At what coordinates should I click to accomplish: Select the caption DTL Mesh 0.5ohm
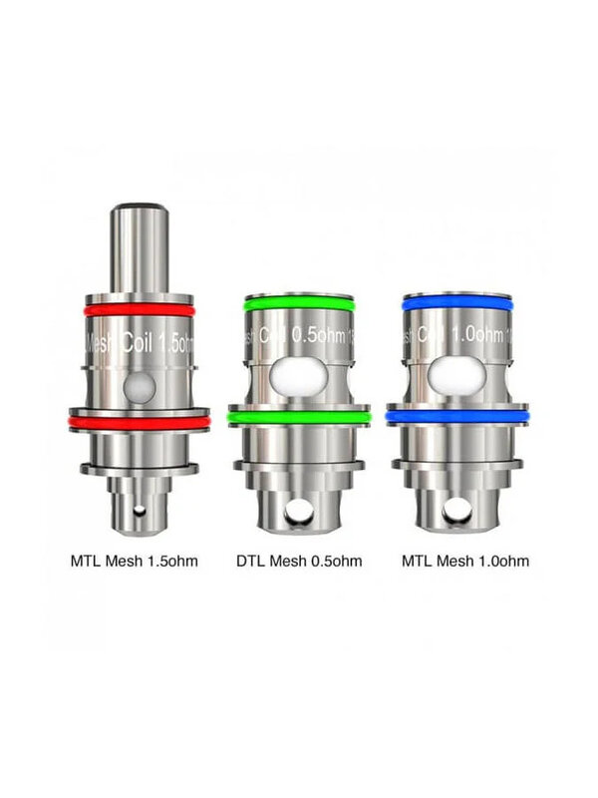(298, 561)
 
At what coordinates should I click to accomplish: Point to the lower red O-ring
(139, 423)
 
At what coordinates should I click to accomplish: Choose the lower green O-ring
(298, 418)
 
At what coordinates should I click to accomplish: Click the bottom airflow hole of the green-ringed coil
(298, 514)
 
